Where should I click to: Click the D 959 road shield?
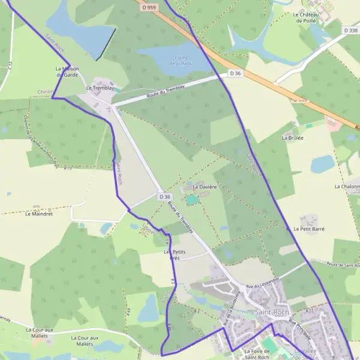click(149, 7)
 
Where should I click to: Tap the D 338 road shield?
click(351, 30)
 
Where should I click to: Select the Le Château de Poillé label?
click(305, 17)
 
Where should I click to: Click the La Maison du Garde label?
click(68, 71)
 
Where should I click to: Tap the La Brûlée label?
click(293, 137)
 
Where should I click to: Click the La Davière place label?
click(204, 187)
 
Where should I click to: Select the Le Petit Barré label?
click(309, 229)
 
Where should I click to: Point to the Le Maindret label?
click(40, 213)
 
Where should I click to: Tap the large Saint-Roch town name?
click(272, 313)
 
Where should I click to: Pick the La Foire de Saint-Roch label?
click(259, 354)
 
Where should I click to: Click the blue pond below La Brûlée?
click(322, 163)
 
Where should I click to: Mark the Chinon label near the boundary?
click(46, 91)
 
